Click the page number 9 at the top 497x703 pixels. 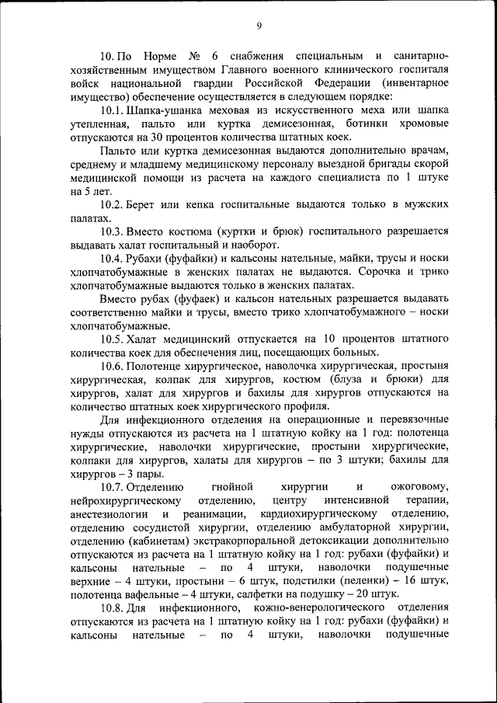259,26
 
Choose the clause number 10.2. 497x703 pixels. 114,205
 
